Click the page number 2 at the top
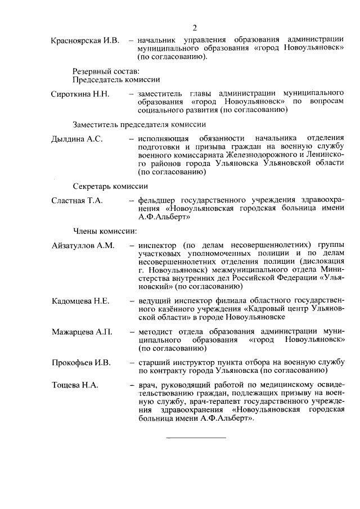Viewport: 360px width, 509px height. (194, 28)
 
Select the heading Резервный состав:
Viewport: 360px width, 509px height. (106, 71)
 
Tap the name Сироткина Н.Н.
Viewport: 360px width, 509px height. (80, 93)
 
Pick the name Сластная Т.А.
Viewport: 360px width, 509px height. (76, 201)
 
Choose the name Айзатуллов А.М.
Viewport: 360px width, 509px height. (83, 245)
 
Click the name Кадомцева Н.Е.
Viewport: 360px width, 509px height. (80, 301)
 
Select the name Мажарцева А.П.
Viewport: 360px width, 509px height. (82, 332)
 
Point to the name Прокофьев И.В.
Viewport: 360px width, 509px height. (81, 362)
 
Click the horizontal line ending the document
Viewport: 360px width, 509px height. (195, 437)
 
